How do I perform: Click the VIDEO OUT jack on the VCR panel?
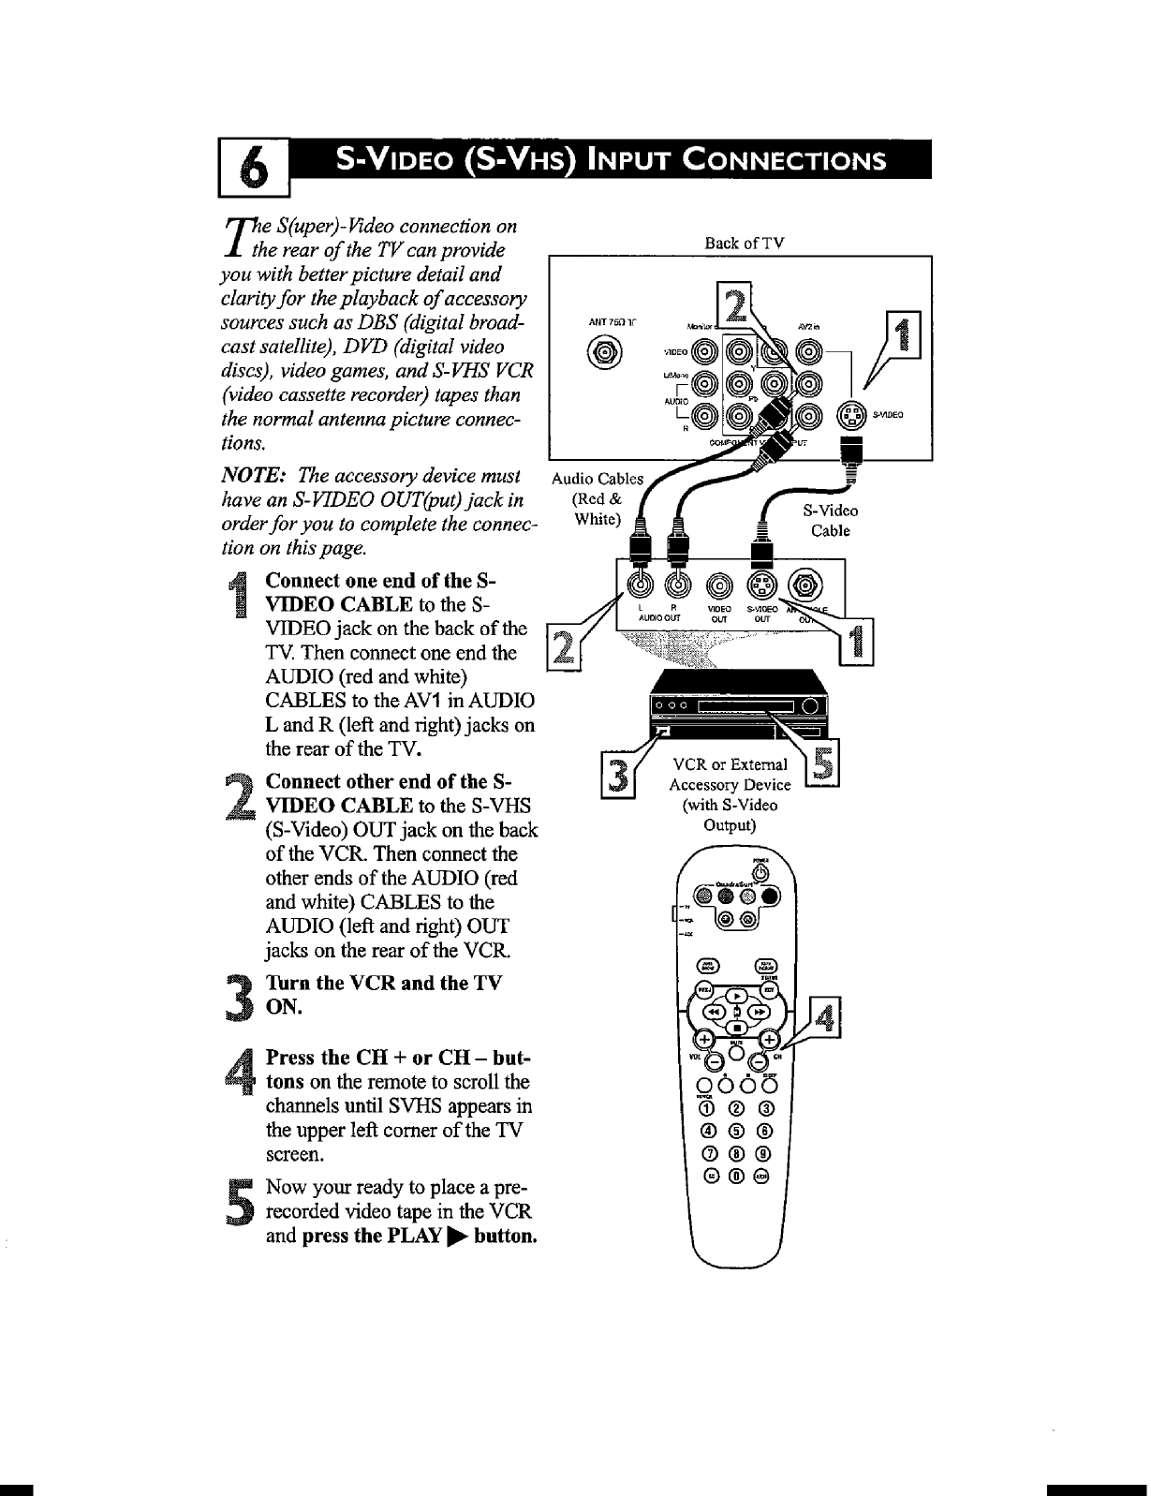[717, 585]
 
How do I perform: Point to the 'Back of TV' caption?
[744, 244]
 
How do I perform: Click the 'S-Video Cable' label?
[830, 521]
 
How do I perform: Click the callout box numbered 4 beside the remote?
[825, 1019]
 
